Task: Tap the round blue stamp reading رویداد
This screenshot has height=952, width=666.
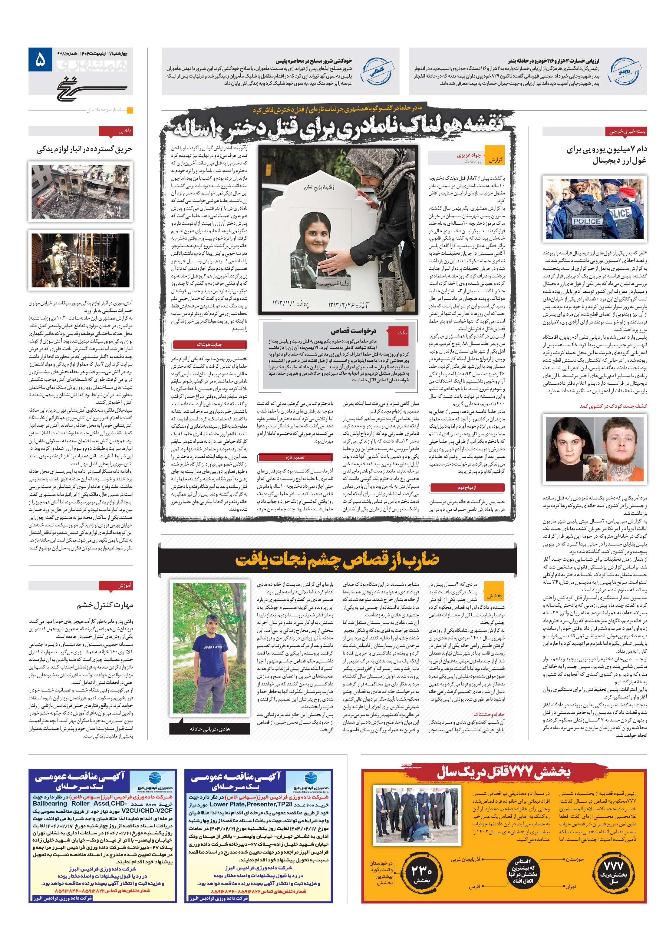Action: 624,71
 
